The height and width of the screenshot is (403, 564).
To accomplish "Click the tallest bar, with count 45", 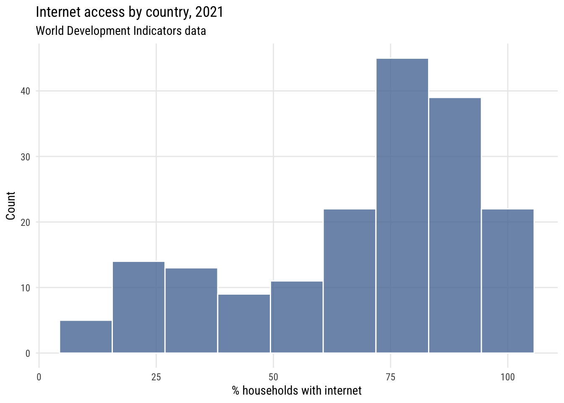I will pyautogui.click(x=402, y=206).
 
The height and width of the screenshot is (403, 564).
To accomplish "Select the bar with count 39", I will pyautogui.click(x=455, y=225).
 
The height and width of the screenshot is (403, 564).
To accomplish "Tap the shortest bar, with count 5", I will pyautogui.click(x=86, y=337).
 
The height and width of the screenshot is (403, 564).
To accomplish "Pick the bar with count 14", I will pyautogui.click(x=138, y=307).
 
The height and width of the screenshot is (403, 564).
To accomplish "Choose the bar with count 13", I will pyautogui.click(x=191, y=311).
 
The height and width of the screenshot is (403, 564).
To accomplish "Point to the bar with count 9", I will pyautogui.click(x=244, y=324).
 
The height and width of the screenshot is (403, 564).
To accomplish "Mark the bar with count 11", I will pyautogui.click(x=297, y=317).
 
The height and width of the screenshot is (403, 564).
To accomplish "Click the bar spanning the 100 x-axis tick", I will pyautogui.click(x=508, y=281).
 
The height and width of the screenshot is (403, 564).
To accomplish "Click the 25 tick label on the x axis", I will pyautogui.click(x=156, y=377).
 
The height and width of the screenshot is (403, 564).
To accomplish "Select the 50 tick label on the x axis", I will pyautogui.click(x=273, y=377).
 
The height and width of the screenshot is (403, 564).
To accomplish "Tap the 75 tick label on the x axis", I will pyautogui.click(x=390, y=377).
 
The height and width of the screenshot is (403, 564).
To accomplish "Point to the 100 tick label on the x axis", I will pyautogui.click(x=507, y=377).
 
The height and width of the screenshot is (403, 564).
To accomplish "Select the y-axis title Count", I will pyautogui.click(x=11, y=206).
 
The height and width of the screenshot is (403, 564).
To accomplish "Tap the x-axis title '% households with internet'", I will pyautogui.click(x=297, y=391).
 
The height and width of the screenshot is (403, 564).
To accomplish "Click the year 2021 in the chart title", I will pyautogui.click(x=209, y=12).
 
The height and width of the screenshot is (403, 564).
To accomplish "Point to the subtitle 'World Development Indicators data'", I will pyautogui.click(x=121, y=31).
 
